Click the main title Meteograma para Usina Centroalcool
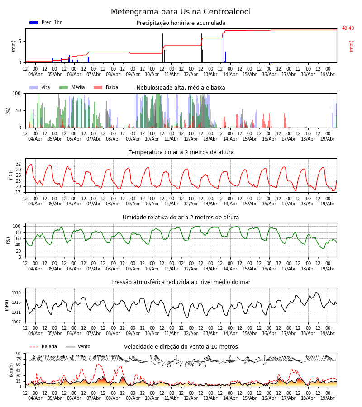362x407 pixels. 181,12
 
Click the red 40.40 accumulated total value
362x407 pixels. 348,28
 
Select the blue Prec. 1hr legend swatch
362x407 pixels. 34,23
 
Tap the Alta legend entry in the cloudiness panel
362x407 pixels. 40,87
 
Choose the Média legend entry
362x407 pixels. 72,87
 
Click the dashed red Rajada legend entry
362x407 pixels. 43,347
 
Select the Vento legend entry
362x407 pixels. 78,347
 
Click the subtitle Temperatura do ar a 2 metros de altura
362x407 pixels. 181,152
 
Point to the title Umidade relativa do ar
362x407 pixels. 181,218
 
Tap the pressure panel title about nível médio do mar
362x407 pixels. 181,282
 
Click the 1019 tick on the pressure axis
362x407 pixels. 16,293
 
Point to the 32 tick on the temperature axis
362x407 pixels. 19,164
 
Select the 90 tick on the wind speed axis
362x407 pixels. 19,354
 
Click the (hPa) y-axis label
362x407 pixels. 7,305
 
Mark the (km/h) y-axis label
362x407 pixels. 11,370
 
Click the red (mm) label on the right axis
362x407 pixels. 351,46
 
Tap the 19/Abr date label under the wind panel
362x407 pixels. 328,398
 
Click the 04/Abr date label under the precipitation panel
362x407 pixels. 35,74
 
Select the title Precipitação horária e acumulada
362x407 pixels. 181,23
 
